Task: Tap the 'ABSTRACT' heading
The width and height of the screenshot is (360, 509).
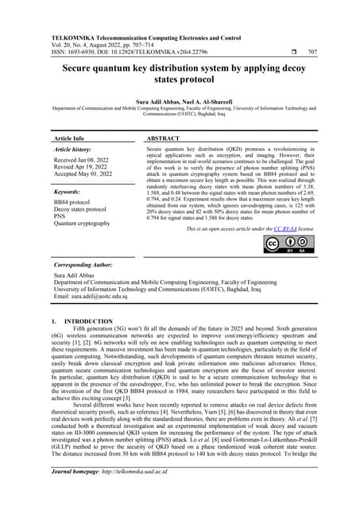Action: pos(163,138)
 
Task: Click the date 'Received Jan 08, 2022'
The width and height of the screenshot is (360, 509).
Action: pos(83,160)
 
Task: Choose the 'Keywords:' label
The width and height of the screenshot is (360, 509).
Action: pos(69,192)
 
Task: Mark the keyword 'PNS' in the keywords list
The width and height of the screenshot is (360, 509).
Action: pos(60,217)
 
